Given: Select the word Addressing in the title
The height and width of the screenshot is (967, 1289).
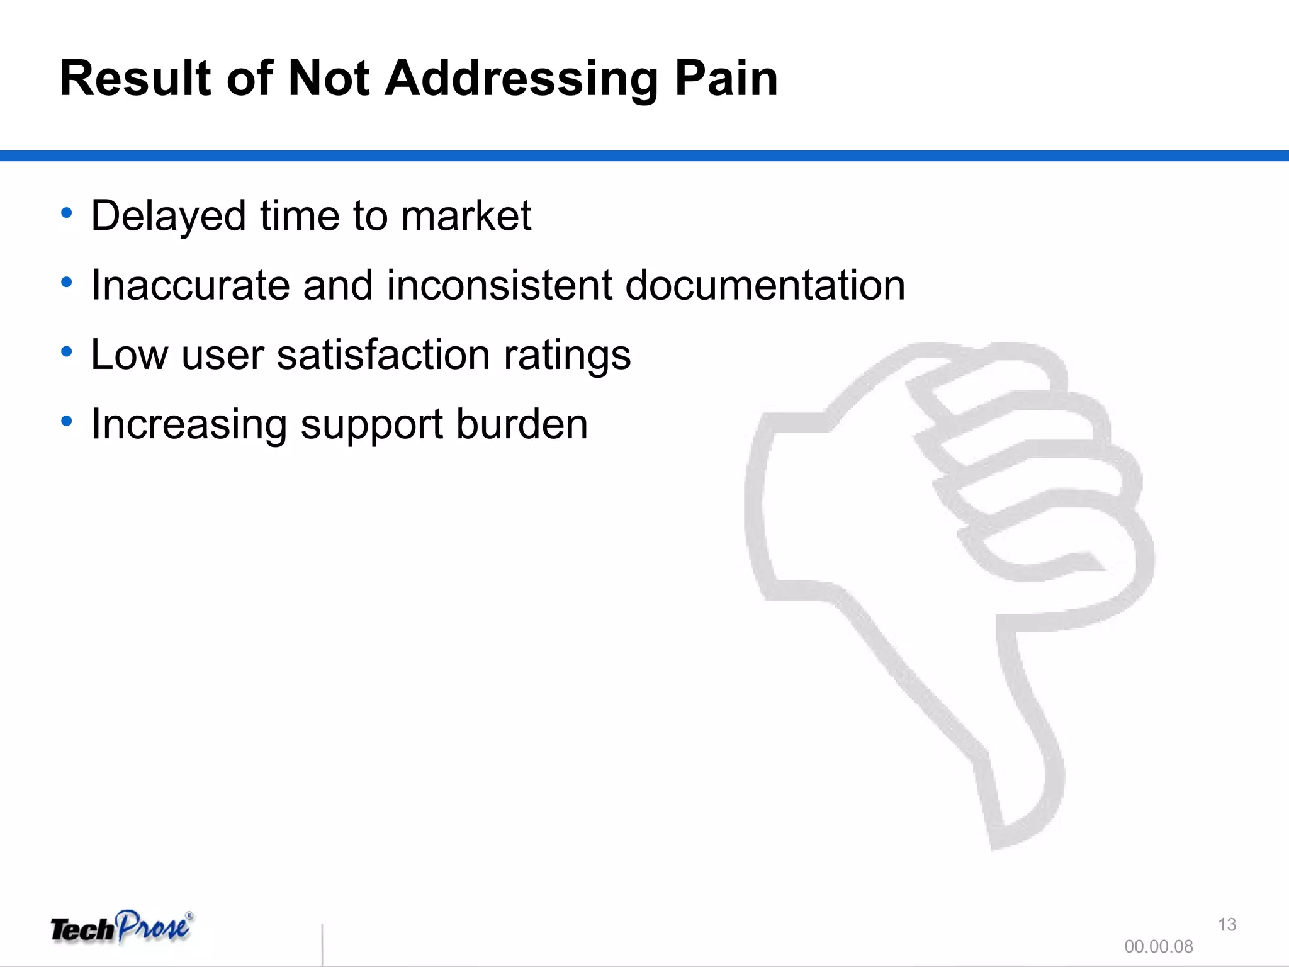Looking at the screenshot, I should click(522, 80).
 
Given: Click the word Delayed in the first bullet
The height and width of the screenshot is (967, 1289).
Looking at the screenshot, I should click(168, 217).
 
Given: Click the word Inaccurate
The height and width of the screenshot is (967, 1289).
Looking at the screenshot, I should click(190, 285).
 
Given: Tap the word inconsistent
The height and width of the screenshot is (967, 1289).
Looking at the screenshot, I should click(499, 285).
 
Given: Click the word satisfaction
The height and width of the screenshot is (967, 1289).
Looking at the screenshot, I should click(383, 354).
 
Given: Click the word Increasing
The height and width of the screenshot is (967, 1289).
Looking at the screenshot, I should click(189, 425).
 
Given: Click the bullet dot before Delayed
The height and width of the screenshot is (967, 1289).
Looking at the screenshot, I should click(67, 213).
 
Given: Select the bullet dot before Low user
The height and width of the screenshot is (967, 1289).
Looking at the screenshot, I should click(67, 351).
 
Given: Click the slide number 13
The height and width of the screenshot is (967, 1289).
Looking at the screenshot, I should click(1227, 924).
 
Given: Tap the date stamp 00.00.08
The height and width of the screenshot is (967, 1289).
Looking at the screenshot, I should click(1158, 946).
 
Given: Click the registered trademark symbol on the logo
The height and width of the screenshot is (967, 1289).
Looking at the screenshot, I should click(189, 917).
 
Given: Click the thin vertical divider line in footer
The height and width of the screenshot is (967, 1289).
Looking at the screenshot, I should click(322, 944).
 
